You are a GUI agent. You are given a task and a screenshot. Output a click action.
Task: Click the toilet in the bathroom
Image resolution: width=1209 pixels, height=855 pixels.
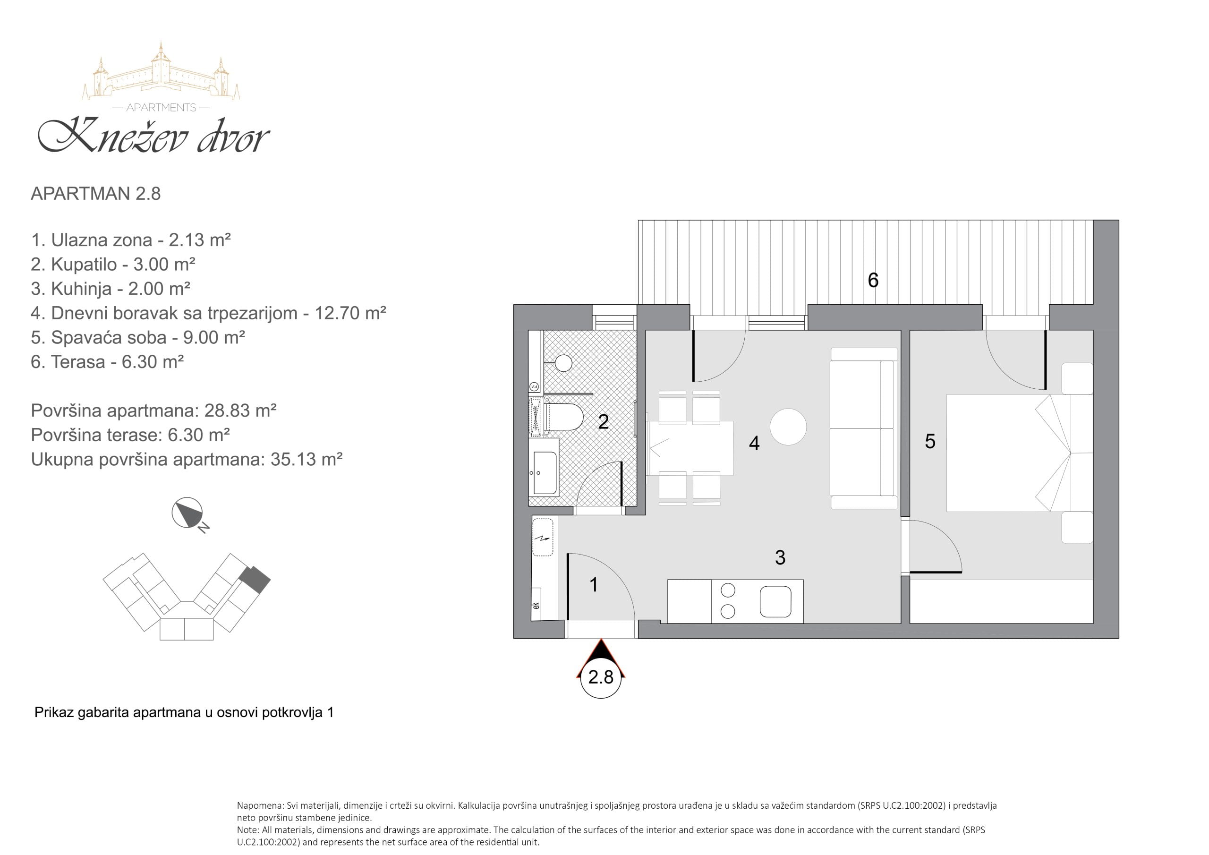(562, 417)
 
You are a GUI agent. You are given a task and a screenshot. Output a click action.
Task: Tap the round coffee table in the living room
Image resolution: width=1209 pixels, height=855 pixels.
(788, 427)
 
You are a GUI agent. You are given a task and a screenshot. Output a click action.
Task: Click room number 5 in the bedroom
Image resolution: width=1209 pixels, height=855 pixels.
(930, 442)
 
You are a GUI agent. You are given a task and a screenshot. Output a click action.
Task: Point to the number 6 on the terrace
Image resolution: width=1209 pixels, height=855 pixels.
(873, 280)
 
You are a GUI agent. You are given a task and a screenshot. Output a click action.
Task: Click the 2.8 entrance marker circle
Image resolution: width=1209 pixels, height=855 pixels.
(601, 677)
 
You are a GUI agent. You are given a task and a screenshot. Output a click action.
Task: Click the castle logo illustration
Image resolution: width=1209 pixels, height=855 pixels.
(161, 72)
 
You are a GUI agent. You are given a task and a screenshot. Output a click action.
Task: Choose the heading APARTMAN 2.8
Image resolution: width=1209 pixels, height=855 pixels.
(96, 194)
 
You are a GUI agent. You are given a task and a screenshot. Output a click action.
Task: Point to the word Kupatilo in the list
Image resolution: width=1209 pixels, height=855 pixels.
(84, 265)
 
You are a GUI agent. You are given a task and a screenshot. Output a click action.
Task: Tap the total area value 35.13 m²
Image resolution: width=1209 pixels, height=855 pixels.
(307, 459)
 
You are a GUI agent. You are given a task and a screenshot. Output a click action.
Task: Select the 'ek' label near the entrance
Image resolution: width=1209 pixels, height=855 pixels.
(536, 606)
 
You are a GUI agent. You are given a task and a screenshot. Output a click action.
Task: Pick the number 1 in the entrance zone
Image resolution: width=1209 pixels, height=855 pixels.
(594, 585)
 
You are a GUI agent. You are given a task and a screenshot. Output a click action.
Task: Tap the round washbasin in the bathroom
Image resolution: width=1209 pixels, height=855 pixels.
(563, 363)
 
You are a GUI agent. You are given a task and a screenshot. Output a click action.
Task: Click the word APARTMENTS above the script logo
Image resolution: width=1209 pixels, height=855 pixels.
(161, 108)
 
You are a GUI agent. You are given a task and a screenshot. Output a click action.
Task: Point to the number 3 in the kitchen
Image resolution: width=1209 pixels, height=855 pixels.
(780, 557)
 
